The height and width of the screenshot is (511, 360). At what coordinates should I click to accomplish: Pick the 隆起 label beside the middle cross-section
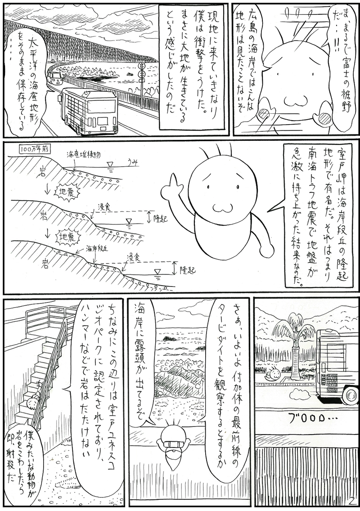click(160, 218)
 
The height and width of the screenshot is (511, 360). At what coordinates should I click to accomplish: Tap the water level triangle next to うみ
click(111, 166)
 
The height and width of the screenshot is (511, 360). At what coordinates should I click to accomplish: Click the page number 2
click(351, 500)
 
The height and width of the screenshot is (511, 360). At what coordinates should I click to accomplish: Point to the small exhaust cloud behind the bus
click(298, 394)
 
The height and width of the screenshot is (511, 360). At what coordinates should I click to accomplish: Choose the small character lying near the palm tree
click(273, 373)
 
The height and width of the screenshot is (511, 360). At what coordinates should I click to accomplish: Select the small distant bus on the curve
click(54, 78)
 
